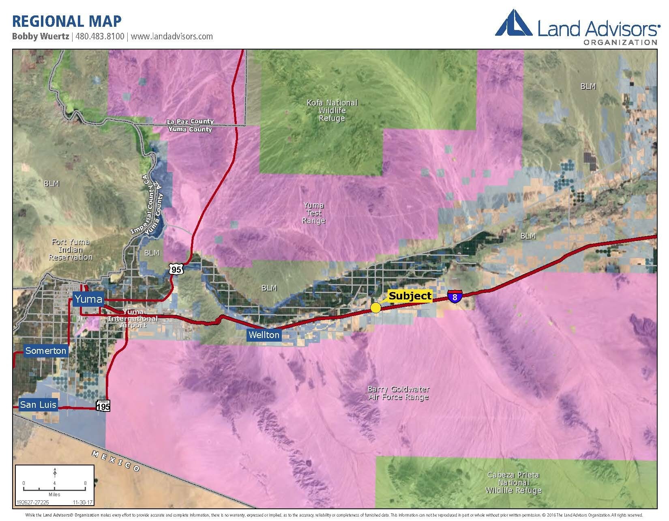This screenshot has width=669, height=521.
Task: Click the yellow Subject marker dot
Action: coord(376,308)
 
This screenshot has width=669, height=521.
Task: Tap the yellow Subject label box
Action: coord(410,296)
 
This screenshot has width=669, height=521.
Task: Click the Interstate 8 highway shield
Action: coord(455,297)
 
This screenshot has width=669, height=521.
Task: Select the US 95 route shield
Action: coord(176,269)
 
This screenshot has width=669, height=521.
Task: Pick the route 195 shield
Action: coord(103,405)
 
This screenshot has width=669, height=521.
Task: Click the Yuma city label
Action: coord(88,299)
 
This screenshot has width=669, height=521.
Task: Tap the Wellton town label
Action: coord(264,335)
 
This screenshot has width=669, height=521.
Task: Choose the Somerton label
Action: coord(45,351)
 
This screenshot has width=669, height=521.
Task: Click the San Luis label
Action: coord(38,405)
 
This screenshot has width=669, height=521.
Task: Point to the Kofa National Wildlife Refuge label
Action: coord(332,110)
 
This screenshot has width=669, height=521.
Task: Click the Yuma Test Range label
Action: coord(313,213)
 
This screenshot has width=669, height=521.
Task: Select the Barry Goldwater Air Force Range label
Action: coord(398,393)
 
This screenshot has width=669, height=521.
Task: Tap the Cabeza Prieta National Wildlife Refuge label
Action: coord(513,482)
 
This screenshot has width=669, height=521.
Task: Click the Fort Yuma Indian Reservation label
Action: coord(70,250)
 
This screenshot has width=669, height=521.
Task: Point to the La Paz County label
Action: coord(190,121)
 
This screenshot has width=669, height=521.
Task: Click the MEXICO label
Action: coord(116,461)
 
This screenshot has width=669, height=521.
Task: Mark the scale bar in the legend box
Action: coord(54,488)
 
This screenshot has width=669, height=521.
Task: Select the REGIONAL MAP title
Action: coord(67,21)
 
